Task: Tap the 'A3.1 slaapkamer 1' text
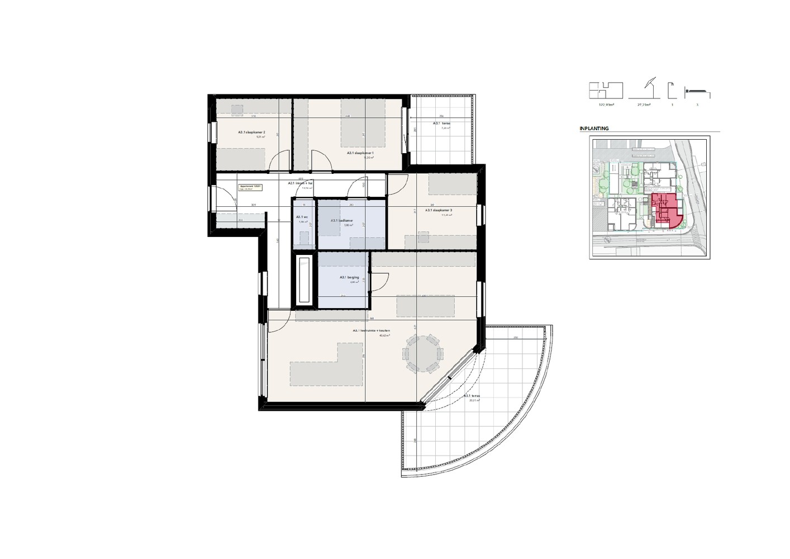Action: [360, 153]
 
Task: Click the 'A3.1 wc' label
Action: [302, 217]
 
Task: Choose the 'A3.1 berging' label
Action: [349, 277]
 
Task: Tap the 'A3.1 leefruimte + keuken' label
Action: [371, 330]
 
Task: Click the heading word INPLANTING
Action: [594, 129]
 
